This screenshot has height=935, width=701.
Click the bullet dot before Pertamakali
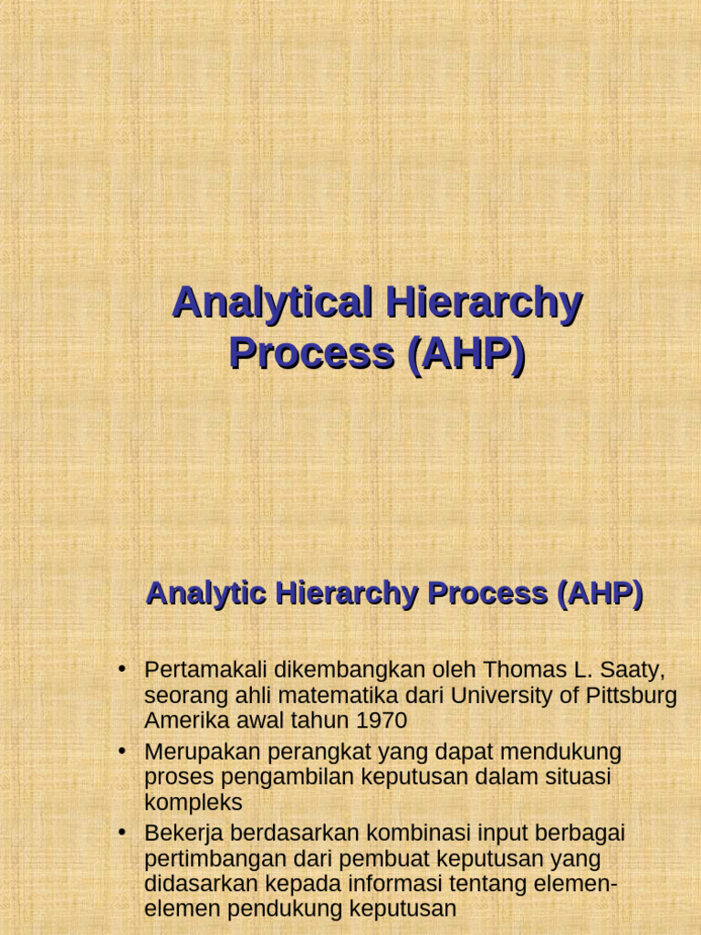[x=121, y=670]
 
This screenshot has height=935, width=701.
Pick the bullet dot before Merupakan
[x=121, y=751]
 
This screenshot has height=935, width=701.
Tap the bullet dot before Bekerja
[x=121, y=833]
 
